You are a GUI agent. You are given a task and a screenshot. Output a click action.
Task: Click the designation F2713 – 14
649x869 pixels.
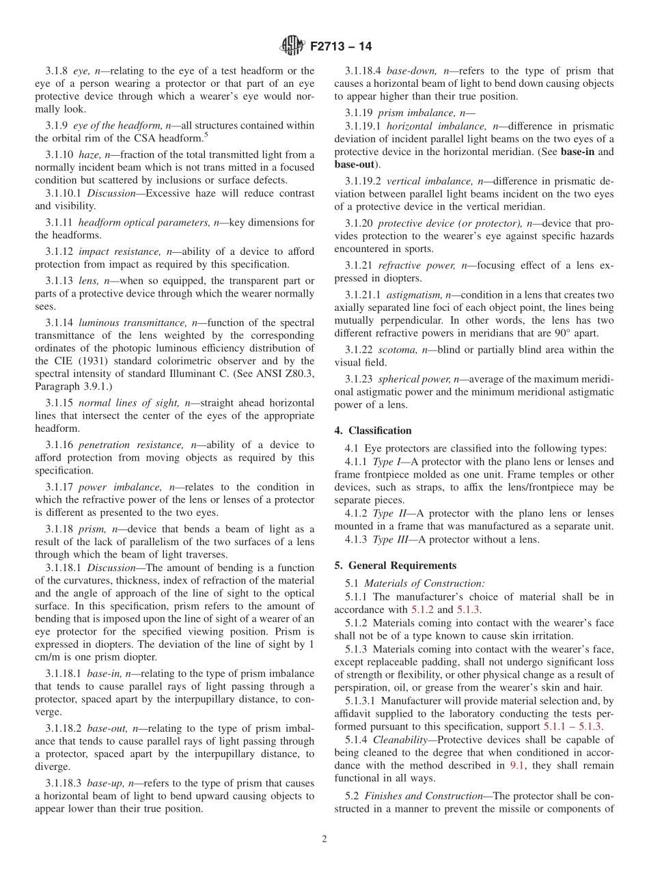[x=341, y=47]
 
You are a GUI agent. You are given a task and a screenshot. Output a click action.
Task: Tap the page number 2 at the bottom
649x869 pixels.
[x=324, y=840]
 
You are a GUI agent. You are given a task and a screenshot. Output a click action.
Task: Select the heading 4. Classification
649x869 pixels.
[x=373, y=430]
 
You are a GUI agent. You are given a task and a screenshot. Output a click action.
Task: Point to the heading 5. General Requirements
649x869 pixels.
[x=396, y=565]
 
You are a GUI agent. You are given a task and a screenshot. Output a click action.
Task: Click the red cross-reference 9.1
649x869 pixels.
[x=517, y=765]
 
